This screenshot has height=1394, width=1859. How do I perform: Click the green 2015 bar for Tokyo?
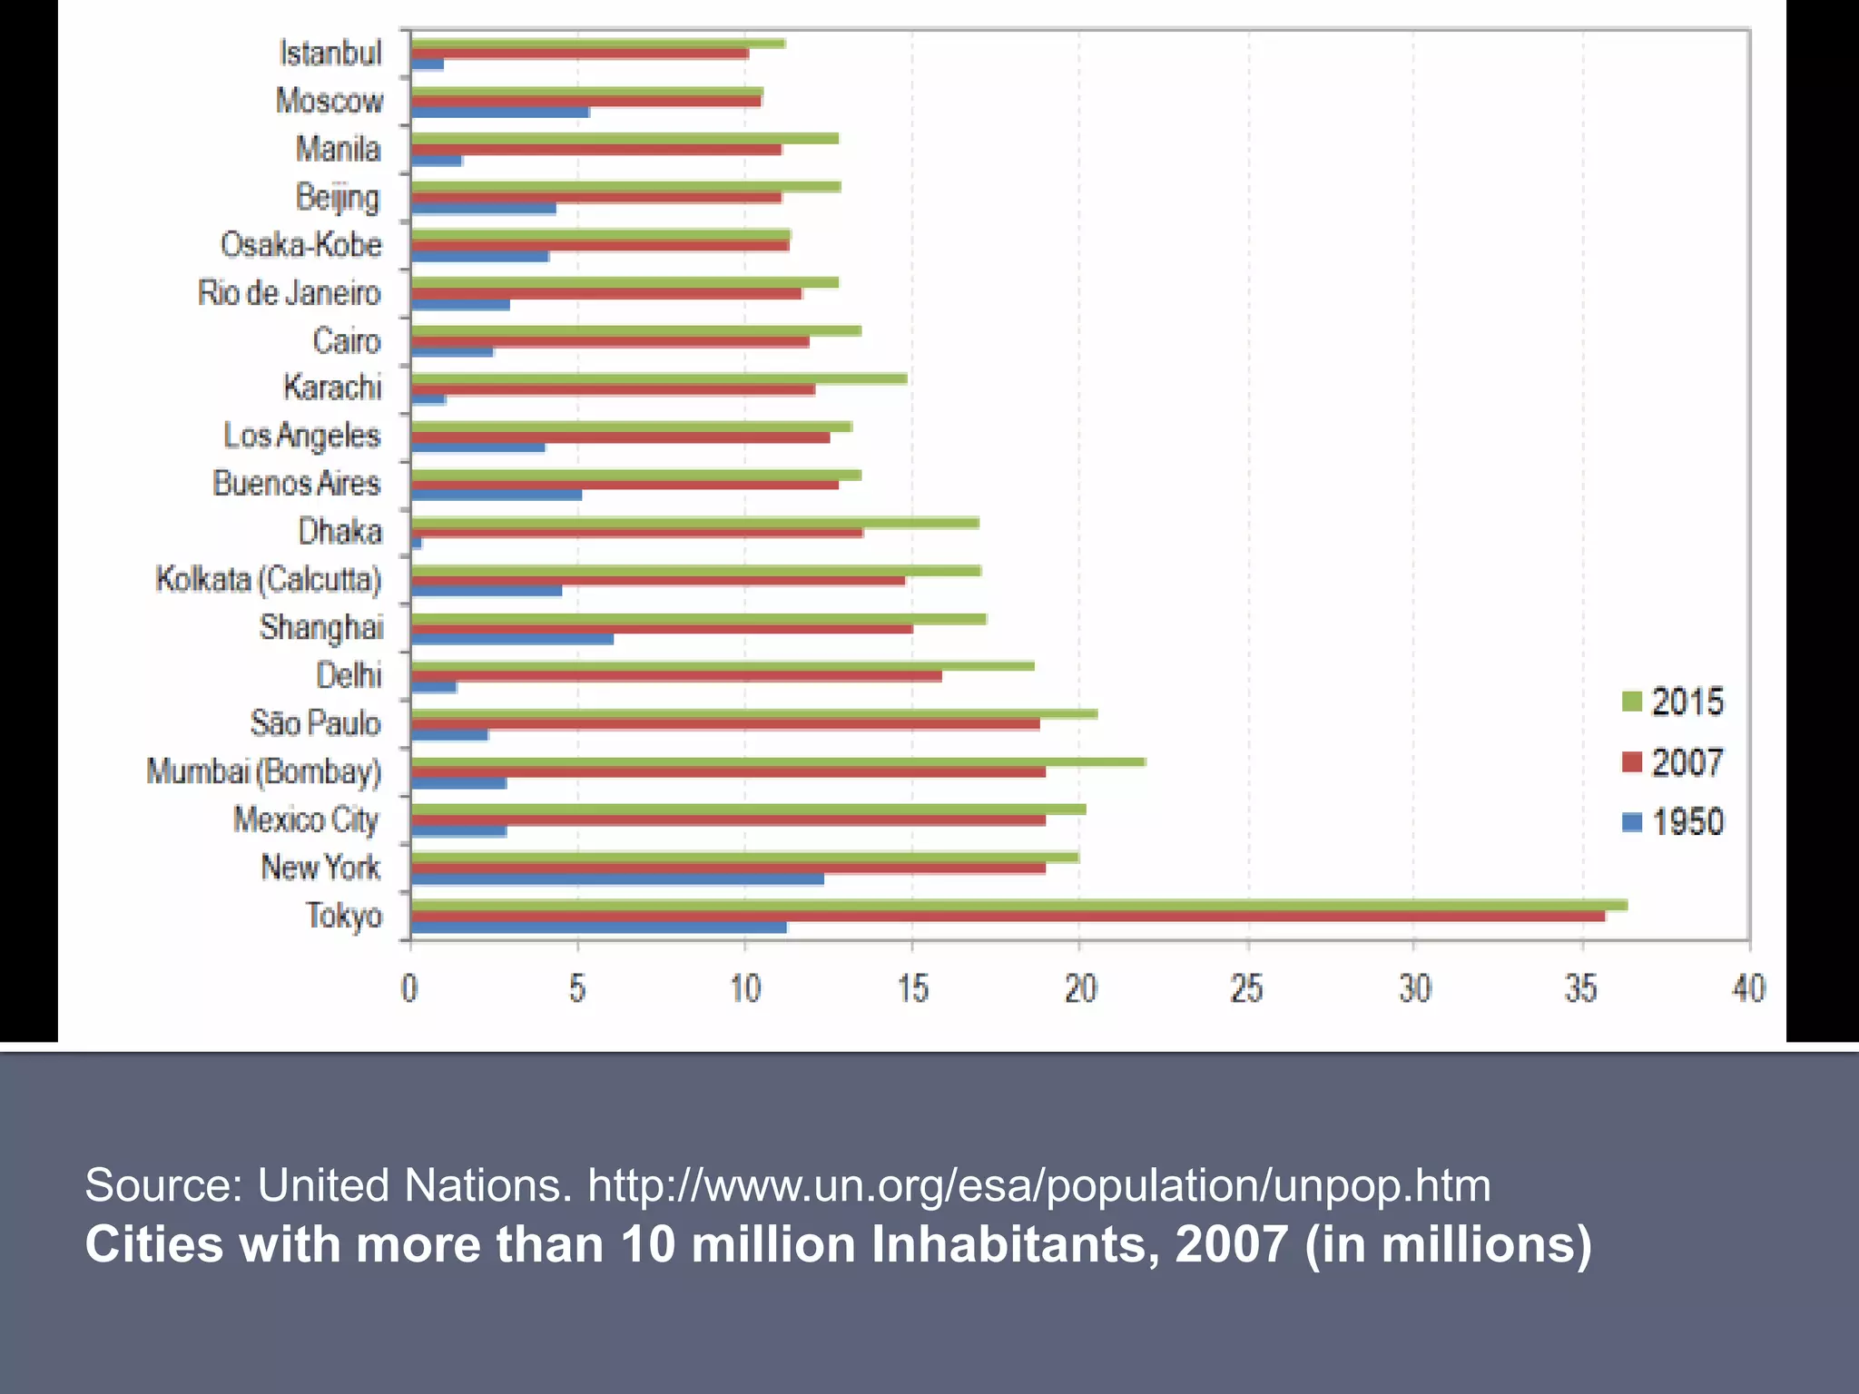pyautogui.click(x=1017, y=905)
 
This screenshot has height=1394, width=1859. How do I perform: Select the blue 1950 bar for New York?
pyautogui.click(x=617, y=879)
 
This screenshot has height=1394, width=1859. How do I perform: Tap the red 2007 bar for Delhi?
pyautogui.click(x=676, y=676)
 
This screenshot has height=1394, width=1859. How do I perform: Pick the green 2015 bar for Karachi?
pyautogui.click(x=658, y=378)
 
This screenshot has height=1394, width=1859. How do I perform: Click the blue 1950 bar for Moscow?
pyautogui.click(x=500, y=113)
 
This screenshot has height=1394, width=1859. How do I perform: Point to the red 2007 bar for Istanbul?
pyautogui.click(x=579, y=54)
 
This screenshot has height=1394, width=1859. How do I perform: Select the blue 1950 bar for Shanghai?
pyautogui.click(x=512, y=640)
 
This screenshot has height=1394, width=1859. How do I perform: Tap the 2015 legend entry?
pyautogui.click(x=1673, y=702)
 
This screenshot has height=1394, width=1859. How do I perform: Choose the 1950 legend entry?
pyautogui.click(x=1673, y=822)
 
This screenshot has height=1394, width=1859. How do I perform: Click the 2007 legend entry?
pyautogui.click(x=1673, y=762)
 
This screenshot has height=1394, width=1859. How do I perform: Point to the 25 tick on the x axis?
pyautogui.click(x=1247, y=988)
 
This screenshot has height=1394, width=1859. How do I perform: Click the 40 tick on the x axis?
pyautogui.click(x=1748, y=988)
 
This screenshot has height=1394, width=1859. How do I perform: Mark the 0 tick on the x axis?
pyautogui.click(x=410, y=988)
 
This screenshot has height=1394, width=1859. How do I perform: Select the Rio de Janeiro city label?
pyautogui.click(x=290, y=293)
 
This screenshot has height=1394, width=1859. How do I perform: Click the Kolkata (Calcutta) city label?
pyautogui.click(x=269, y=579)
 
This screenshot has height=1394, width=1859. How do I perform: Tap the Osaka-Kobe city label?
pyautogui.click(x=301, y=245)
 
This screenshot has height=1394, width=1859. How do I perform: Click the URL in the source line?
pyautogui.click(x=1038, y=1185)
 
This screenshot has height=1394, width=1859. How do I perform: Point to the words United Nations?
pyautogui.click(x=415, y=1185)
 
